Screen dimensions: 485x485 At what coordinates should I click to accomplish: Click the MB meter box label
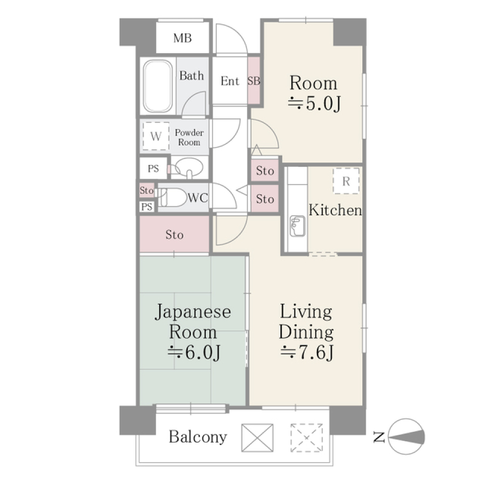[x=182, y=38]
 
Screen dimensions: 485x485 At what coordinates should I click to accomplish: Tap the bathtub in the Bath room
[x=157, y=86]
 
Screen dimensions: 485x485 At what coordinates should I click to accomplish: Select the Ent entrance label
[x=230, y=81]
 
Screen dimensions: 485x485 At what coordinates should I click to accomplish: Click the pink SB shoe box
[x=254, y=81]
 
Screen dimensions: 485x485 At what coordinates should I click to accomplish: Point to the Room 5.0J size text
[x=313, y=104]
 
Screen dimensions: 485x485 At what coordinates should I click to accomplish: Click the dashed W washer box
[x=156, y=136]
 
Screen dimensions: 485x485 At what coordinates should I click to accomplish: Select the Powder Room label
[x=189, y=137]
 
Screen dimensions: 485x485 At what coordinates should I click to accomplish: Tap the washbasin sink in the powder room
[x=189, y=166]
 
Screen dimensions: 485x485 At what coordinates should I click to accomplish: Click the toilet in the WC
[x=172, y=198]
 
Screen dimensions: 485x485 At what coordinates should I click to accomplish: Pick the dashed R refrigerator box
[x=346, y=181]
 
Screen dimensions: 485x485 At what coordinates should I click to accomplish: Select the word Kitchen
[x=335, y=210]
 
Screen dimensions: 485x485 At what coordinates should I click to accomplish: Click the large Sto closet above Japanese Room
[x=174, y=234]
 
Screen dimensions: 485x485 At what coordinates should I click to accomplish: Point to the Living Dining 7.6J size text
[x=307, y=352]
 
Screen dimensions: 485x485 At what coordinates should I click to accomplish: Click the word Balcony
[x=198, y=437]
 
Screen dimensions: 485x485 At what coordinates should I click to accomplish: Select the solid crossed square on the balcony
[x=257, y=438]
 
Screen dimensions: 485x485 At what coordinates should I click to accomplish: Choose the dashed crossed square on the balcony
[x=306, y=438]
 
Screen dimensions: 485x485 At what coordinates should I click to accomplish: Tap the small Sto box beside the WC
[x=147, y=191]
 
